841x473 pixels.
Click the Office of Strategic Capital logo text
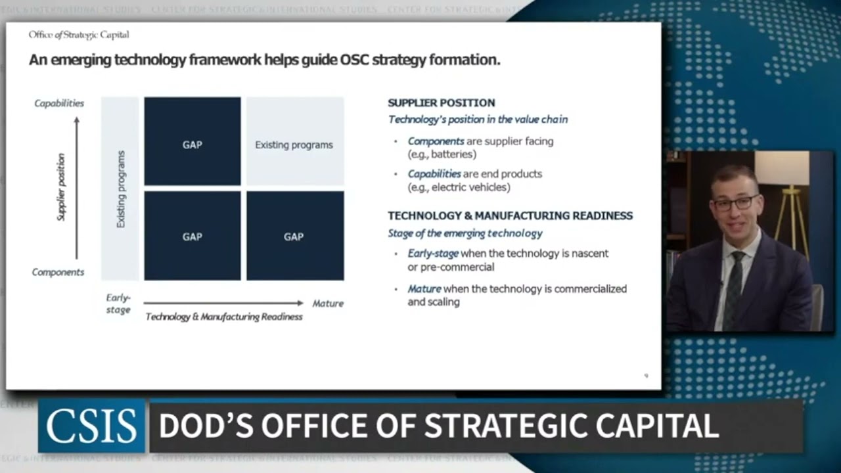[79, 35]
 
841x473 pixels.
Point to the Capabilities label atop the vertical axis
[59, 103]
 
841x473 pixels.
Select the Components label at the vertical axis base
[58, 272]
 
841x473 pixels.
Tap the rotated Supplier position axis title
[61, 187]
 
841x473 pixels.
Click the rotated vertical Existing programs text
[121, 189]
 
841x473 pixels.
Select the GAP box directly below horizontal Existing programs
[294, 236]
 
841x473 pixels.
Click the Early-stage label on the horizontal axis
[118, 304]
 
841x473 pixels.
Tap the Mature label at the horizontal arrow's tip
[328, 304]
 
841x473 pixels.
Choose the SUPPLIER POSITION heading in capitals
[442, 103]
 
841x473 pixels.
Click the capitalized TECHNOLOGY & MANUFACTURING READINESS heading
[510, 215]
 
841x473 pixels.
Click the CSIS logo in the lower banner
[91, 426]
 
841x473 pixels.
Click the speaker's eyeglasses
[735, 203]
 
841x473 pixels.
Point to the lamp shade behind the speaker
[781, 168]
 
